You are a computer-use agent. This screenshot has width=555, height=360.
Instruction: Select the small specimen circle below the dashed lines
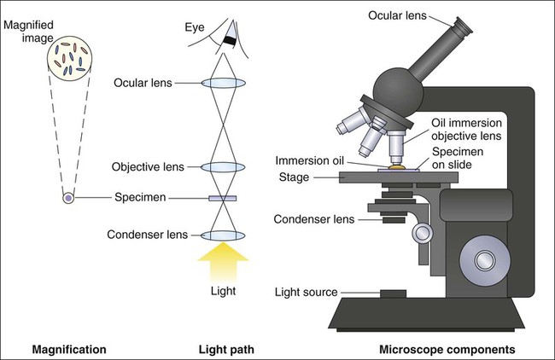pos(67,199)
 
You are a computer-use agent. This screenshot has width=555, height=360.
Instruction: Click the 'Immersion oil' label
pos(312,160)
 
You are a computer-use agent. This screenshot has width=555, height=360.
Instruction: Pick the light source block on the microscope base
pos(393,294)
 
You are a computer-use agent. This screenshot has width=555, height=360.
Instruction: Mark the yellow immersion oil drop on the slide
pos(397,168)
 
